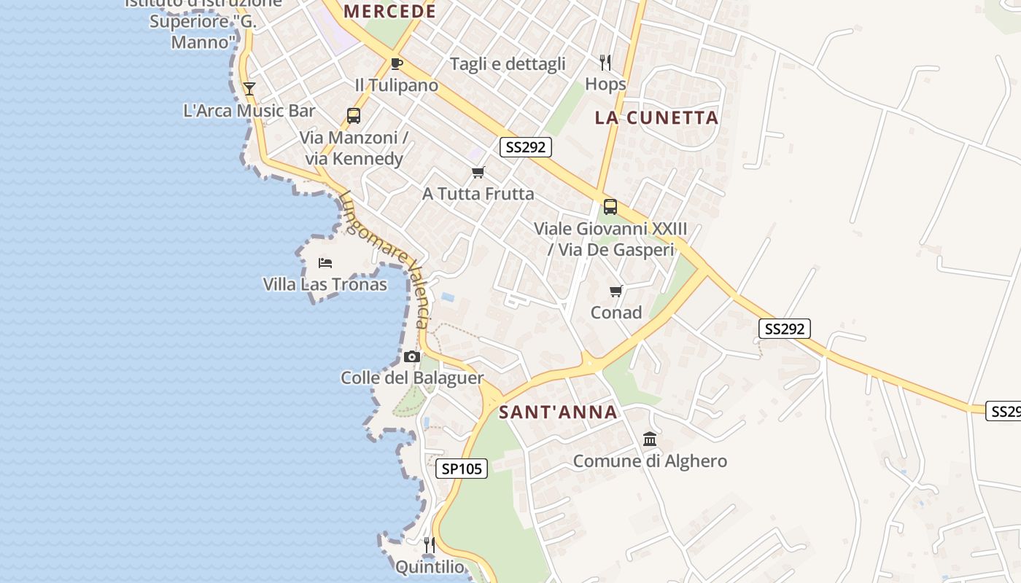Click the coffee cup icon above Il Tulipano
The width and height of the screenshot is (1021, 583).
(396, 63)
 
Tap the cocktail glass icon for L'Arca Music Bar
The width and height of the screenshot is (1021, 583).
(249, 89)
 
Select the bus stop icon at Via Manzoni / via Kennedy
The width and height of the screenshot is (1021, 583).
(354, 116)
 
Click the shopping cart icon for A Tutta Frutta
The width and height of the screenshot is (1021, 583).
(478, 173)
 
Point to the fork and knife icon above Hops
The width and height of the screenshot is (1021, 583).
(605, 62)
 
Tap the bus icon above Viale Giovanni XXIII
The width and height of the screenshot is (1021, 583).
(610, 207)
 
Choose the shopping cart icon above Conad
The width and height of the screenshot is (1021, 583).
(616, 291)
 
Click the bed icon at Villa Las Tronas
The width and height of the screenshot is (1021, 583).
(325, 262)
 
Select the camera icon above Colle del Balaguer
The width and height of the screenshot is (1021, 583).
(412, 356)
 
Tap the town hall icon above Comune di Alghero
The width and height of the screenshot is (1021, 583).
(650, 439)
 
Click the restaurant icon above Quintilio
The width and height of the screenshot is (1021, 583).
(430, 544)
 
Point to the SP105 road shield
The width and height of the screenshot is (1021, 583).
(462, 469)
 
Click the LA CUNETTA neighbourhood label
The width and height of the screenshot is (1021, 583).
(656, 117)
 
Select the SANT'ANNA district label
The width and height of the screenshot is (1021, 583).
(558, 412)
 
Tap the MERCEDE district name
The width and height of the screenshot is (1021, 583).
(389, 12)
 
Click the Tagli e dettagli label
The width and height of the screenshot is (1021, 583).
(508, 64)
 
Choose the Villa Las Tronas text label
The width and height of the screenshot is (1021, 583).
(325, 284)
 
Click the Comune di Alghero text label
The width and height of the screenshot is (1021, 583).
(650, 461)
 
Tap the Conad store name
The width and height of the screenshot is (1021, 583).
(616, 313)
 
